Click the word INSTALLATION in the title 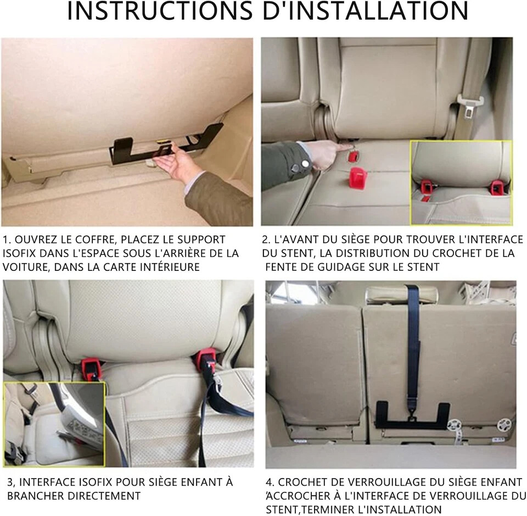pyautogui.click(x=365, y=11)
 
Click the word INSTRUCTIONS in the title pyautogui.click(x=160, y=11)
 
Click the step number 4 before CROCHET pyautogui.click(x=269, y=482)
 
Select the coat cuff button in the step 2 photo pyautogui.click(x=305, y=164)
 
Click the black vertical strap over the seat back pyautogui.click(x=413, y=343)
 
